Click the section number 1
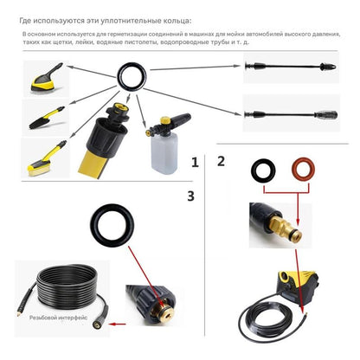tap(195, 162)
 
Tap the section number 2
tap(222, 160)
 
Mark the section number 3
tap(190, 196)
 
